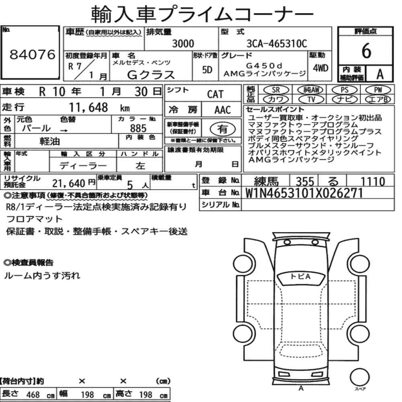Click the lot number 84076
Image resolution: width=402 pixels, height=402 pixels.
(32, 54)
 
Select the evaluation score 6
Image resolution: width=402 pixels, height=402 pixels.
(366, 51)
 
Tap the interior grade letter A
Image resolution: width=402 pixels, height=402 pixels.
(380, 74)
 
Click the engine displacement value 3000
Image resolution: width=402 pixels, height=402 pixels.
(183, 43)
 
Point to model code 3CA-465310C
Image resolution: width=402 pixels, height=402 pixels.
(277, 43)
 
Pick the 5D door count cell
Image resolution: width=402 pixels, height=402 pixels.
(207, 70)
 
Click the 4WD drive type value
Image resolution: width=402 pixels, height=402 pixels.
(320, 68)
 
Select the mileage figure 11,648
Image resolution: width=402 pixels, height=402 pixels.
(88, 107)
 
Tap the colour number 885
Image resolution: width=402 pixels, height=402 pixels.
(138, 128)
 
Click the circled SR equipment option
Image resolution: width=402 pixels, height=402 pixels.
(276, 90)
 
